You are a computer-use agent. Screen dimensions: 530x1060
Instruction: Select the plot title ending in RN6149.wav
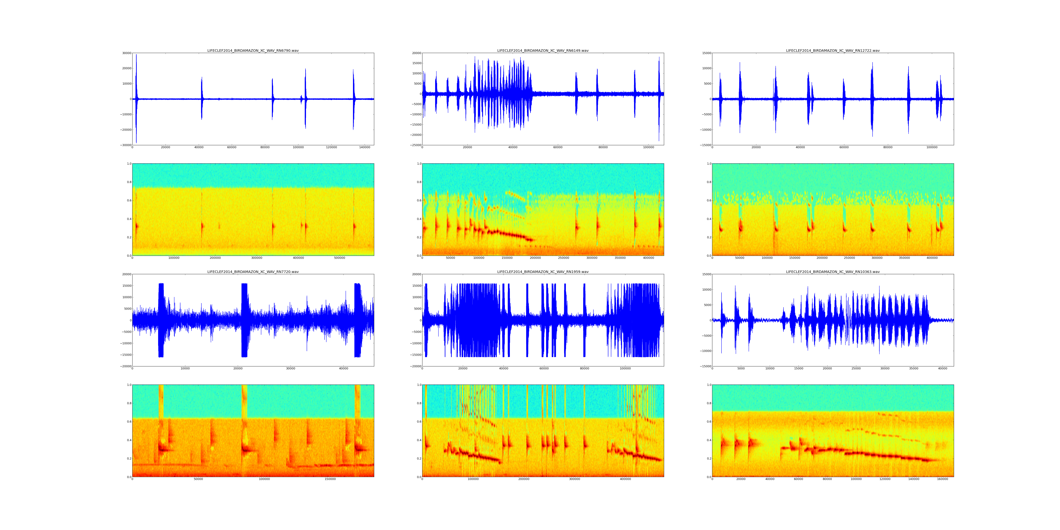tap(543, 51)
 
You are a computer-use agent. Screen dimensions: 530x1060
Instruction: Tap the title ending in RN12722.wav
tap(832, 51)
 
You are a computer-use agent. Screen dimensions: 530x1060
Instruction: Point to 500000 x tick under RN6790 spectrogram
tap(340, 258)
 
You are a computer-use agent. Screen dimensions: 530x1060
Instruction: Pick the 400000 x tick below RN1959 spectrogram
tap(625, 479)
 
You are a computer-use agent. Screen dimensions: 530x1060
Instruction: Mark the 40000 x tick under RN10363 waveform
tap(942, 368)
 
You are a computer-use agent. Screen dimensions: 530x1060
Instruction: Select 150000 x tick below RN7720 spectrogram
tap(330, 479)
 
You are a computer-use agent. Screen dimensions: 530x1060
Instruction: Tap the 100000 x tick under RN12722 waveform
tap(932, 147)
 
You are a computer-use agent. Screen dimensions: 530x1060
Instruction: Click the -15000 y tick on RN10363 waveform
tap(705, 366)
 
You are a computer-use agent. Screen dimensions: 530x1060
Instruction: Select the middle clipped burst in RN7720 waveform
tap(245, 320)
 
